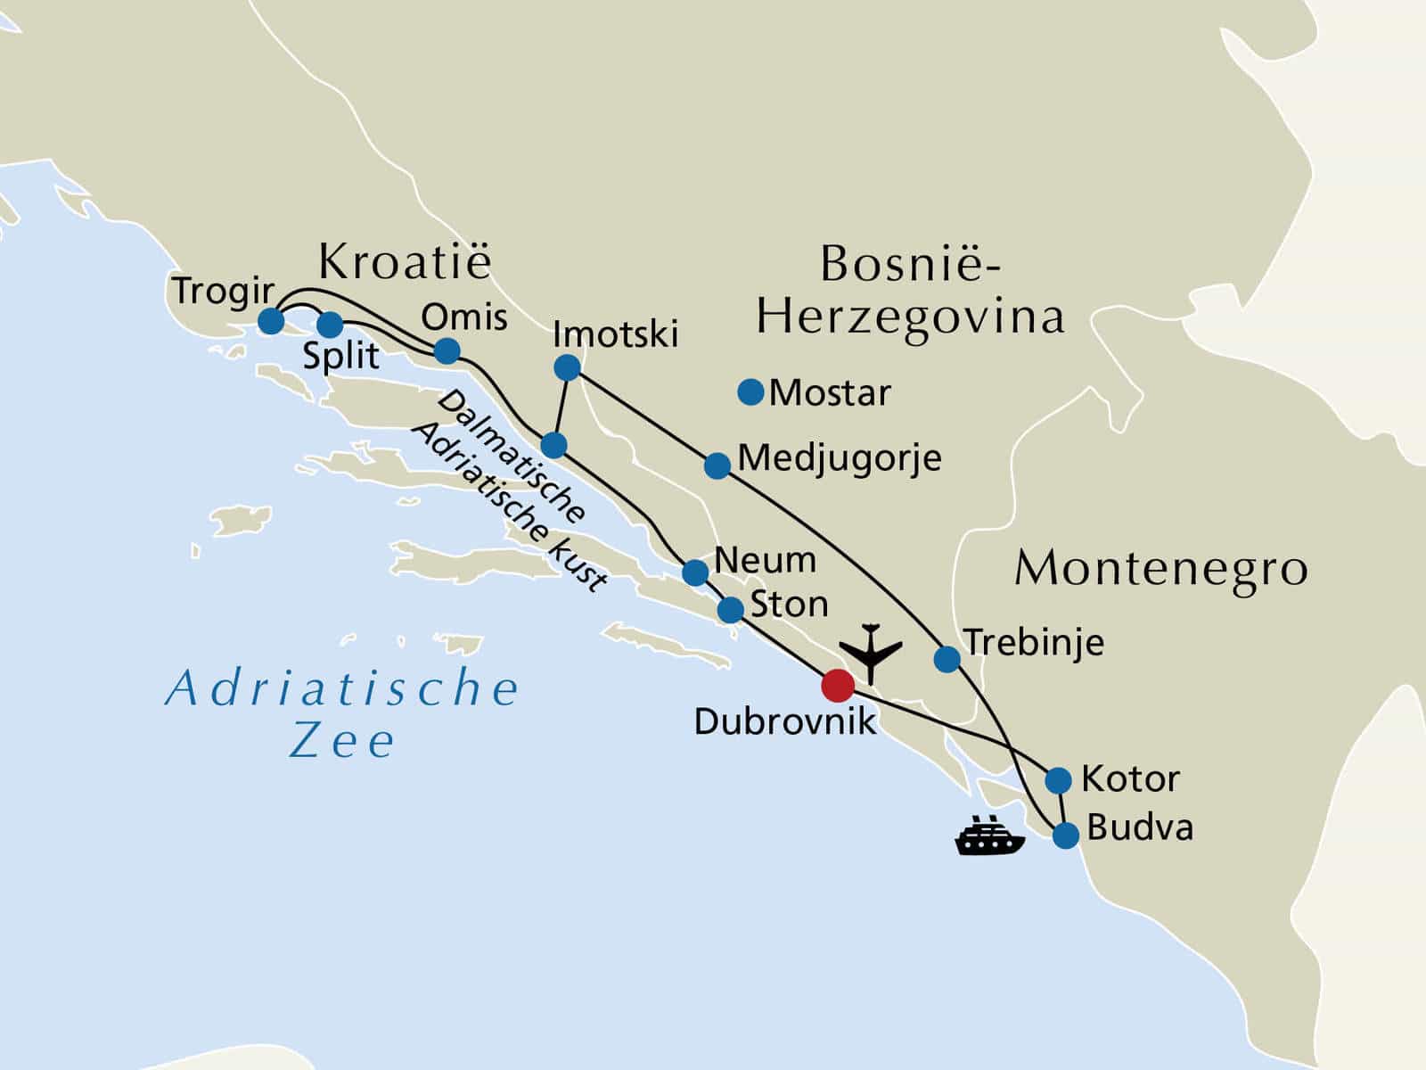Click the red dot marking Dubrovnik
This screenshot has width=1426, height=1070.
837,685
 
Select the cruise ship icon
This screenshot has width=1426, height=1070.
989,835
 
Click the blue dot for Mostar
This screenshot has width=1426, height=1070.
751,391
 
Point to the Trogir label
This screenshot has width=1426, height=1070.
223,291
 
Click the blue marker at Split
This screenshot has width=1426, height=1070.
330,325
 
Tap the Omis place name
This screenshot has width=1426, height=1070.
463,317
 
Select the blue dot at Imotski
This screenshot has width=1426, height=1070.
567,367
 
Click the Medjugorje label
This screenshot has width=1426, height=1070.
840,458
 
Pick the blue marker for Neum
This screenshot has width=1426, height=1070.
695,572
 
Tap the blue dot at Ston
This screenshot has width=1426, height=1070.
730,610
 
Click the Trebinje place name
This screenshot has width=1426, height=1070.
1034,642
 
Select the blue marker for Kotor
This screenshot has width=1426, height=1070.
1058,780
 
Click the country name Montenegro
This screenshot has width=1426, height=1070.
1160,568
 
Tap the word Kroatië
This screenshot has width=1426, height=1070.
405,262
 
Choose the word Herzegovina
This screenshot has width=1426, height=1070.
910,317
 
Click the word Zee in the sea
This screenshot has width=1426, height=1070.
341,742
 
